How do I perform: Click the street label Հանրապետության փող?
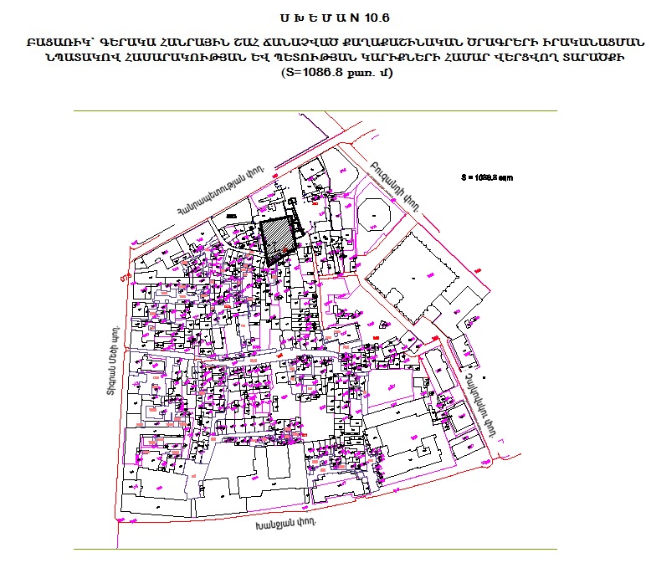(219, 192)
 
